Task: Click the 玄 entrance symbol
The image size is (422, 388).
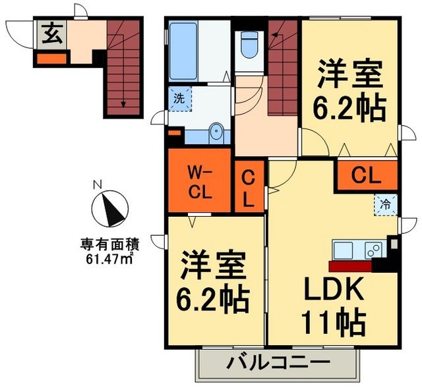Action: coord(52,34)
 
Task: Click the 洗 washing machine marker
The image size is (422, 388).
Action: coord(179,99)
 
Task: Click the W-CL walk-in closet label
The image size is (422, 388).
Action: coord(199,184)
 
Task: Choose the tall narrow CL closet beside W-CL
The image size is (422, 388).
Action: coord(249,188)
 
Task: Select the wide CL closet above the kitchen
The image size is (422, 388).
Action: coord(367,175)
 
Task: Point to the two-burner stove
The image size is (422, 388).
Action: coord(373,251)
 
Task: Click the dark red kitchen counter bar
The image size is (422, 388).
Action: coord(350,267)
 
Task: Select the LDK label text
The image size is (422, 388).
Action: coord(333,291)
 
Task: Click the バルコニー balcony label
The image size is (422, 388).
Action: coord(279,364)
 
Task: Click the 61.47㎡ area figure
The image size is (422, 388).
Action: coord(109,258)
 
